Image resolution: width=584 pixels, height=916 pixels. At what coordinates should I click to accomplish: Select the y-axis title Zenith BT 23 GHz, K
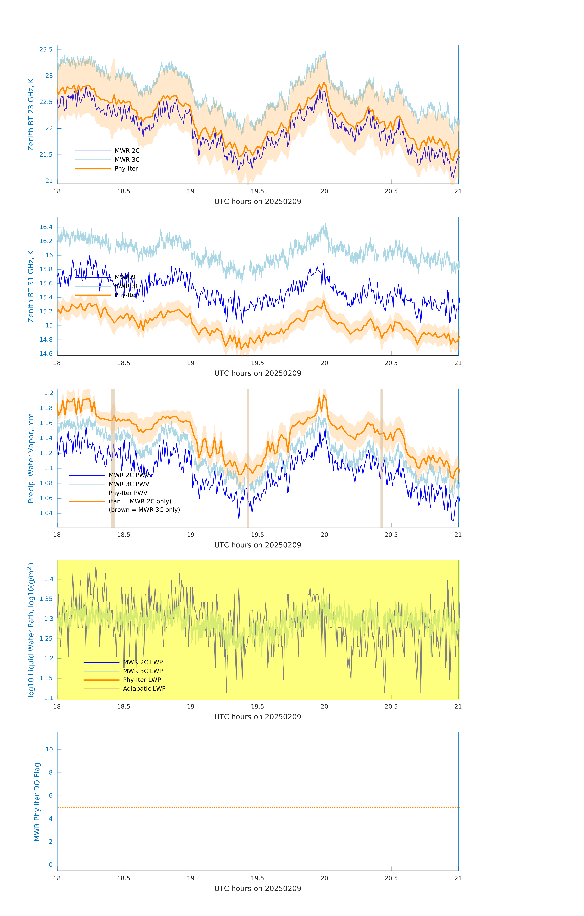31,114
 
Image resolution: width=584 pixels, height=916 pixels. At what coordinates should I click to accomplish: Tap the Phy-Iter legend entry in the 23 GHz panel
126,169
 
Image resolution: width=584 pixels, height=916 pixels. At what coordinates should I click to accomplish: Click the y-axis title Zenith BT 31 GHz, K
31,286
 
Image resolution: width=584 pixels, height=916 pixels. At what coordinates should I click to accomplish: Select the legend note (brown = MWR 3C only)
144,510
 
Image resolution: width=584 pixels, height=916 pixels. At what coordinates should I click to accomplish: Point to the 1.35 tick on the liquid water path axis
48,599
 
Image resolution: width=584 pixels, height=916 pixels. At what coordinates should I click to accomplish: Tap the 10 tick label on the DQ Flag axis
49,749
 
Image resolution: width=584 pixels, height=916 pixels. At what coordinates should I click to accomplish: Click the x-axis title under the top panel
258,202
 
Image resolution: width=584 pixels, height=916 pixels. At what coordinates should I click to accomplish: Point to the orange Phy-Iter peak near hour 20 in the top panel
324,83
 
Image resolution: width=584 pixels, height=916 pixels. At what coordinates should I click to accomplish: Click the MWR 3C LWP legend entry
143,671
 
